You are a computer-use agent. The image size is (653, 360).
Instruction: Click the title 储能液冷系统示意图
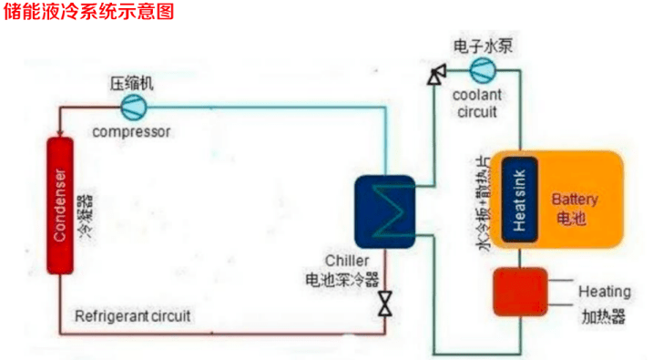[87, 12]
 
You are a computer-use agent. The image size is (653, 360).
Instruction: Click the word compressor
[132, 131]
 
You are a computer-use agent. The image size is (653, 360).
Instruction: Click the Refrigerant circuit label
[133, 316]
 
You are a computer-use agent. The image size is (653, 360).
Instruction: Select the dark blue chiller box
[385, 211]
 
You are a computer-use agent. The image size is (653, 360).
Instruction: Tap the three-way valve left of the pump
[435, 73]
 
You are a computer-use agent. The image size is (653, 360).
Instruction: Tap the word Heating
[604, 292]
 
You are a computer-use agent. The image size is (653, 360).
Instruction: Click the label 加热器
[603, 317]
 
